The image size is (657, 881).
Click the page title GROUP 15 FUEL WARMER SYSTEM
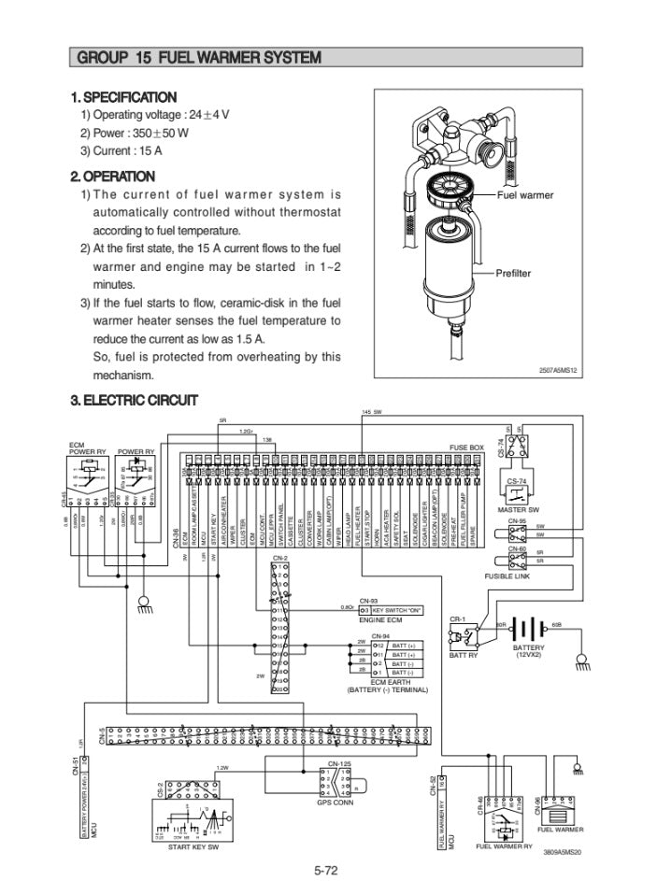pyautogui.click(x=198, y=58)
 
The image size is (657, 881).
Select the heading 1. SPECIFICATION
pyautogui.click(x=123, y=97)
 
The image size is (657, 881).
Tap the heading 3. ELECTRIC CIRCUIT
pyautogui.click(x=135, y=400)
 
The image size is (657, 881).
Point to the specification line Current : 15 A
pyautogui.click(x=122, y=150)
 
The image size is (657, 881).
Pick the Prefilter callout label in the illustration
pyautogui.click(x=513, y=273)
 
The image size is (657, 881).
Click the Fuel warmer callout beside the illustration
pyautogui.click(x=524, y=195)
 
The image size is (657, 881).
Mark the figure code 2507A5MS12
pyautogui.click(x=559, y=371)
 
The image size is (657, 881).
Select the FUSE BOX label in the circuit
pyautogui.click(x=466, y=448)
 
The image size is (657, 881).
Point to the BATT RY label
pyautogui.click(x=464, y=655)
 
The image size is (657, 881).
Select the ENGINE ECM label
pyautogui.click(x=380, y=620)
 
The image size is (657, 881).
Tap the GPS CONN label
pyautogui.click(x=334, y=802)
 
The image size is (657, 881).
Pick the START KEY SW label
pyautogui.click(x=193, y=846)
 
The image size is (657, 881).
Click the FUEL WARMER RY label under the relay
pyautogui.click(x=503, y=845)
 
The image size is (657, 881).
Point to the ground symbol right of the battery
pyautogui.click(x=580, y=661)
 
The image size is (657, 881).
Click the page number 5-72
pyautogui.click(x=325, y=870)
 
